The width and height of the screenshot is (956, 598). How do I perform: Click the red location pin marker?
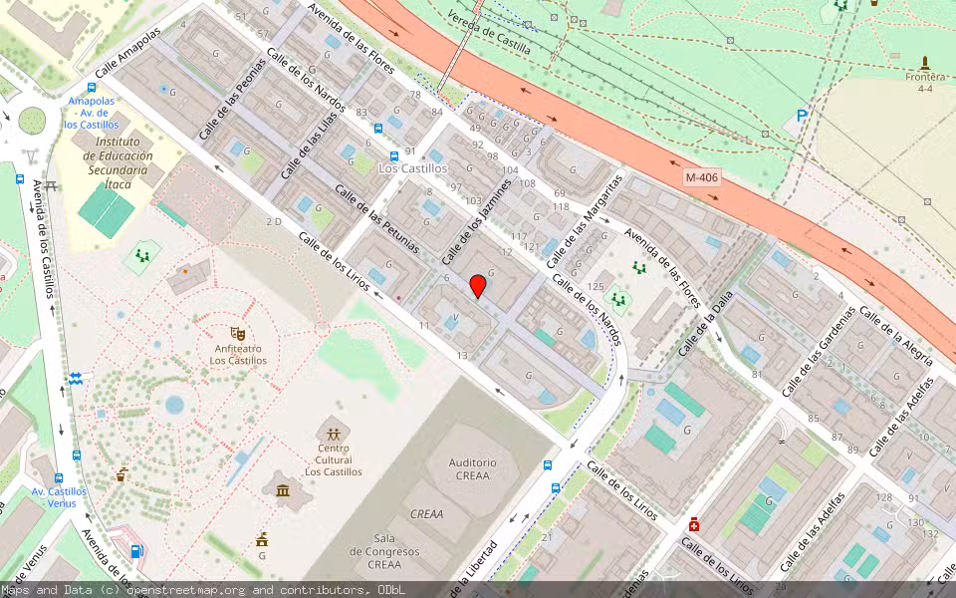click(x=478, y=286)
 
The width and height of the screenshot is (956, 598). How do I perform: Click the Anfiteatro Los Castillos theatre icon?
click(x=238, y=333)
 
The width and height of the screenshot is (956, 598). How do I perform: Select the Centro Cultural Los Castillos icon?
click(x=333, y=435)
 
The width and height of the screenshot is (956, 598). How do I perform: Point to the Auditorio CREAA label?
click(x=472, y=469)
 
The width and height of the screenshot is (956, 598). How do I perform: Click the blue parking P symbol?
click(x=802, y=117)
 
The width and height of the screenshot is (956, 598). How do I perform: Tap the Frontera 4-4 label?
click(x=925, y=82)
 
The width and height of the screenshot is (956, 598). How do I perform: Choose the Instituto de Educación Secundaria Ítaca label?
click(x=118, y=156)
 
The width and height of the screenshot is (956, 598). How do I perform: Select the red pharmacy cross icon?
click(x=694, y=524)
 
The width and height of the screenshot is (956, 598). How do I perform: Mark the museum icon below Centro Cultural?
click(x=284, y=489)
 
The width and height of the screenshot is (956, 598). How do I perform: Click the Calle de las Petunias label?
click(x=377, y=218)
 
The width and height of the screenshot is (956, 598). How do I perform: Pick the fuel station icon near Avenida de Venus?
click(x=136, y=550)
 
